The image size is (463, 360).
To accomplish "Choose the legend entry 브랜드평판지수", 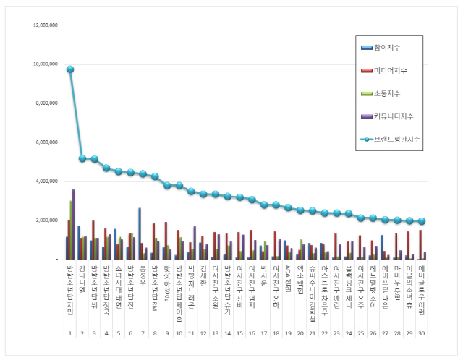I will (x=397, y=138).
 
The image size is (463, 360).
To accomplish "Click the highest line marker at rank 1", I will (x=70, y=69).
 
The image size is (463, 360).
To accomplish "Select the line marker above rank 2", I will (x=82, y=158).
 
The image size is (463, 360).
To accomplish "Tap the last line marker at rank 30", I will (x=422, y=221).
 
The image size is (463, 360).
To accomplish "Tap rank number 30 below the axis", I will (x=422, y=333).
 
